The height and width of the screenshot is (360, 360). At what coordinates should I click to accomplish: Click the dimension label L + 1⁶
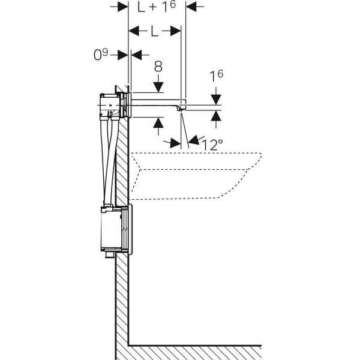point(157,6)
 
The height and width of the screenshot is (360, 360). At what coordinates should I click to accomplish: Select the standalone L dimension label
point(154,31)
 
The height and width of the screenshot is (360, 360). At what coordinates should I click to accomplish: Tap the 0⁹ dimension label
point(101,55)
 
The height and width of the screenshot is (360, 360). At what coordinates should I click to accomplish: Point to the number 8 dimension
point(158,66)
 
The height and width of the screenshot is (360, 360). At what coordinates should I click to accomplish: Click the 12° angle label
point(212,145)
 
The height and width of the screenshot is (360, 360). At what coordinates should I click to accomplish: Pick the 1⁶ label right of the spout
point(216,76)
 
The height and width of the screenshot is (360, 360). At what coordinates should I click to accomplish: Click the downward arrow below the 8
point(158,84)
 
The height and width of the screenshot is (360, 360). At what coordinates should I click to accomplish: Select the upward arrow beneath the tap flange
point(158,126)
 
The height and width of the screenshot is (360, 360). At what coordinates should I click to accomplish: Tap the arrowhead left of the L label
point(138,31)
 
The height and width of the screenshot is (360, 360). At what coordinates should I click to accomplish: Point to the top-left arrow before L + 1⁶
point(119,7)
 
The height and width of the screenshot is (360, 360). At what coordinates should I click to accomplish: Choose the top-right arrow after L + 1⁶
point(194,7)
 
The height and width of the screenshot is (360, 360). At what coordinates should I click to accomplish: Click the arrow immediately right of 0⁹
point(140,55)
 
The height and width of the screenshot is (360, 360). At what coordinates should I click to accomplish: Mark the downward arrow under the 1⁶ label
point(216,96)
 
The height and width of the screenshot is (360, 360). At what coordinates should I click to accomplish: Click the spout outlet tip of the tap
point(181,110)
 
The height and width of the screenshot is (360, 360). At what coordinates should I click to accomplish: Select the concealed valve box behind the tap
point(110,106)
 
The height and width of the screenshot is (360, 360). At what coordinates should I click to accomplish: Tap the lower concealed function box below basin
point(116,230)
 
